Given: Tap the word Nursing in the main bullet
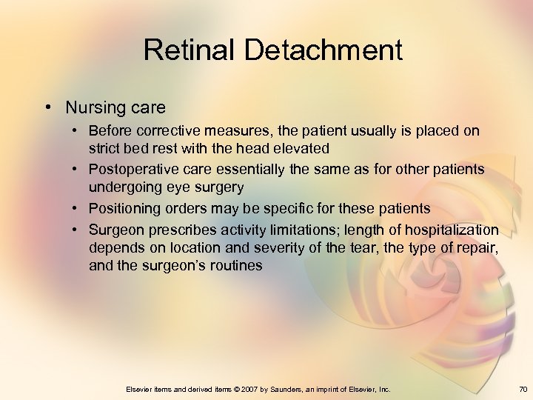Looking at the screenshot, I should click(94, 107).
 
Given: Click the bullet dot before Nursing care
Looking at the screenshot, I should click(47, 107).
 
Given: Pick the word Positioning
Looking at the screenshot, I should click(127, 208).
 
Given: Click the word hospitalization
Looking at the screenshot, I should click(455, 230).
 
